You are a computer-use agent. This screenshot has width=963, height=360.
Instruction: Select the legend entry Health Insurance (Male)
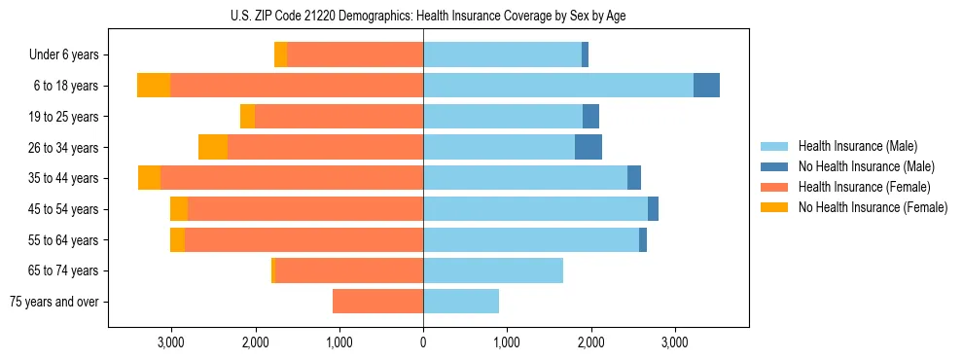coord(857,146)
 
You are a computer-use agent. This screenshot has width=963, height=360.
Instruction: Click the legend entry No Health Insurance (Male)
coord(866,166)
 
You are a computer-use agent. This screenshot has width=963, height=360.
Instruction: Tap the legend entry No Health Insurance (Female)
coord(872,207)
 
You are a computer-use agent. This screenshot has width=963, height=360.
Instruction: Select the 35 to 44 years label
coord(64,178)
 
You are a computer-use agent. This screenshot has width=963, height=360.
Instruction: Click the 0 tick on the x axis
coord(423,342)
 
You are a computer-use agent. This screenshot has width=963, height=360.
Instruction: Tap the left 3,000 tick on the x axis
coord(170,342)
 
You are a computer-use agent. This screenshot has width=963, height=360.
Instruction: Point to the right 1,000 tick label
coord(507,342)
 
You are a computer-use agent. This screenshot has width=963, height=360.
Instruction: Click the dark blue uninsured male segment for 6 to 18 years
coord(706,86)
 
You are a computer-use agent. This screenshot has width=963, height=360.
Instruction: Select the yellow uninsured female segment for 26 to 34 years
coord(213,147)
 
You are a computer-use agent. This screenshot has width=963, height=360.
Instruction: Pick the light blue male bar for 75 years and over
coord(461,302)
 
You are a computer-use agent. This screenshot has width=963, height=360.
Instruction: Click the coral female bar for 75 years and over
coord(377,302)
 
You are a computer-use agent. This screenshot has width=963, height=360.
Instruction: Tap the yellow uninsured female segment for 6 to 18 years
coord(154,86)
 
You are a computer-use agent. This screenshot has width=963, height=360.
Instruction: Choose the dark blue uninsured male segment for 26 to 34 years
coord(588,147)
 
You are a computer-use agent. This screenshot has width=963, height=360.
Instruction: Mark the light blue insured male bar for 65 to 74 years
coord(493,270)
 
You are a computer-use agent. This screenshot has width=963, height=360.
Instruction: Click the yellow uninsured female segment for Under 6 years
coord(280,55)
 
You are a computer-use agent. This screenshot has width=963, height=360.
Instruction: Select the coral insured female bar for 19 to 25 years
coord(339,117)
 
